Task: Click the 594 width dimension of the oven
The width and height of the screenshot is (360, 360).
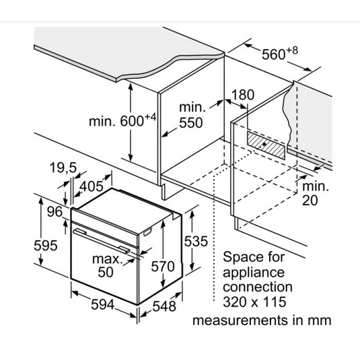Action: (x=102, y=305)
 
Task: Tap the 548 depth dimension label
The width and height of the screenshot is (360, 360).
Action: (x=164, y=306)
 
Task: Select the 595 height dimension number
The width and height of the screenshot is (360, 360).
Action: (x=46, y=245)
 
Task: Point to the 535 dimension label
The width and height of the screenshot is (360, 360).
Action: (x=196, y=241)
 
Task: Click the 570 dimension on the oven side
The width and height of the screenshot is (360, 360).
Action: (x=163, y=266)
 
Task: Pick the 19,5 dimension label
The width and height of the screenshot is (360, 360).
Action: (x=63, y=168)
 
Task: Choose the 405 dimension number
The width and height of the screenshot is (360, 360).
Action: (x=92, y=186)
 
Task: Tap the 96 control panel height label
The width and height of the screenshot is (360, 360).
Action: (x=55, y=211)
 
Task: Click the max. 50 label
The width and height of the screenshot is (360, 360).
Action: (x=106, y=265)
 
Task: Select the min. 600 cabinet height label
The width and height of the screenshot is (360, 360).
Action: (x=122, y=120)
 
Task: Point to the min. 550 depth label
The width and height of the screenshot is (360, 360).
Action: (x=192, y=115)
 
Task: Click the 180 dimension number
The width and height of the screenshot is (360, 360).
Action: (x=243, y=95)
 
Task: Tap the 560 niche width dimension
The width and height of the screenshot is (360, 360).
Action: (x=280, y=53)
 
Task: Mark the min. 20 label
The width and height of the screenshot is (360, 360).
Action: (x=315, y=193)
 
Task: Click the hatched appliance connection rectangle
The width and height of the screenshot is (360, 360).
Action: (x=266, y=145)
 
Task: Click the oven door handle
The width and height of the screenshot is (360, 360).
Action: (x=101, y=241)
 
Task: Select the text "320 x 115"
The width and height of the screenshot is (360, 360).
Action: (x=254, y=301)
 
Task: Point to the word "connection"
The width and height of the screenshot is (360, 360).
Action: (x=258, y=287)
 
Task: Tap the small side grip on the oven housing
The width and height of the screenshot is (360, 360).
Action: (x=148, y=232)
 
